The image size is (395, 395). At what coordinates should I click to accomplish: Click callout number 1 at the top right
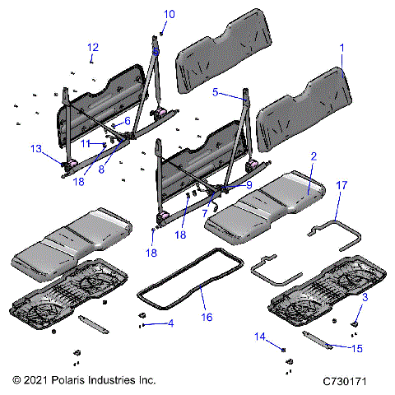coord(342,49)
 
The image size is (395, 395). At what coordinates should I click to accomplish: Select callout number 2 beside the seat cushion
coord(313,156)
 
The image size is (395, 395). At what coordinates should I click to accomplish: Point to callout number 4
coord(170,324)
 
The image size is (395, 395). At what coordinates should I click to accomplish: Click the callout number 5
coord(216,94)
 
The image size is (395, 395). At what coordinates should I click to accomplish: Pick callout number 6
coord(127,121)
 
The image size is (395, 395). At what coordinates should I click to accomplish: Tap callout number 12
coord(92,47)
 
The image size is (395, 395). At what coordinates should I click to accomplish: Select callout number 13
coord(35,149)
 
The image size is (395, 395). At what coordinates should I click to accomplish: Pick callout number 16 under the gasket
coord(206,315)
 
